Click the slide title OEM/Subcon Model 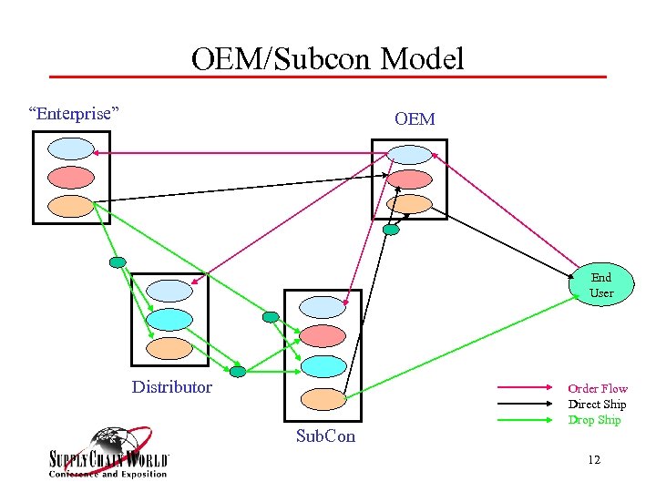[x=327, y=59]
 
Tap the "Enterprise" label [x=74, y=114]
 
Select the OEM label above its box [x=415, y=119]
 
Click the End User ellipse [x=600, y=285]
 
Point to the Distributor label [x=171, y=387]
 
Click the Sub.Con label [x=325, y=437]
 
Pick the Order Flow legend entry [x=598, y=389]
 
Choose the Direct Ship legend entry [x=597, y=405]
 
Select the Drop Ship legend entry [x=594, y=420]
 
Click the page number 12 [x=594, y=460]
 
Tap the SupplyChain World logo [x=108, y=453]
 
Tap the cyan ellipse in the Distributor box [x=169, y=319]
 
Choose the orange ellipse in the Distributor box [x=169, y=348]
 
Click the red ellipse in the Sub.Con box [x=323, y=336]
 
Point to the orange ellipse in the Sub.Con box [x=323, y=398]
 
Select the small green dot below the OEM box [x=391, y=230]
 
